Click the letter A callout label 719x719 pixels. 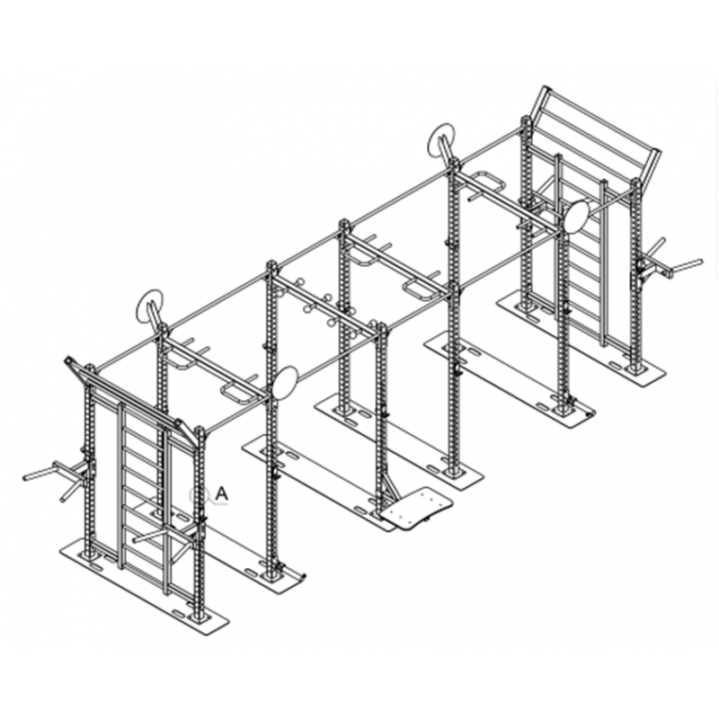coord(221,493)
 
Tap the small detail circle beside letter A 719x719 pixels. coord(196,494)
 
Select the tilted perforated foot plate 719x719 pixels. coord(417,508)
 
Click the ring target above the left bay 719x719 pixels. coord(149,308)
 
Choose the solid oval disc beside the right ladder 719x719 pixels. coord(576,216)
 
